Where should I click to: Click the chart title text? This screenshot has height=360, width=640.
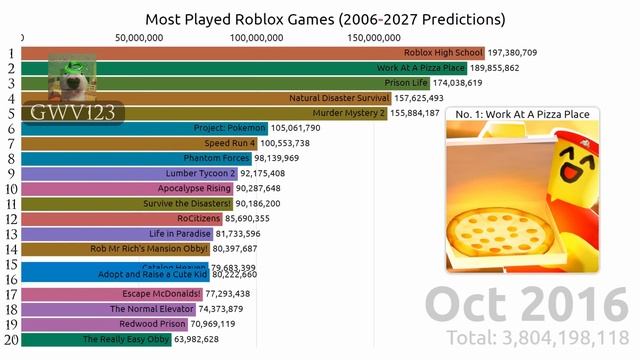tap(325, 19)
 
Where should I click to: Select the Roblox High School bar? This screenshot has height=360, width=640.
tap(250, 52)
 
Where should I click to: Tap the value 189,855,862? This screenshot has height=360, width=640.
tap(519, 67)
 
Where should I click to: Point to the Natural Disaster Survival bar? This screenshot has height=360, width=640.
tap(200, 98)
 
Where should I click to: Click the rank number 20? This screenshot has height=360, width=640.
tap(10, 340)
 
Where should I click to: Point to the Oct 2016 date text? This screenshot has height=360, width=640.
tap(519, 302)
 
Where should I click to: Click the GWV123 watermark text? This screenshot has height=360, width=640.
tap(58, 111)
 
